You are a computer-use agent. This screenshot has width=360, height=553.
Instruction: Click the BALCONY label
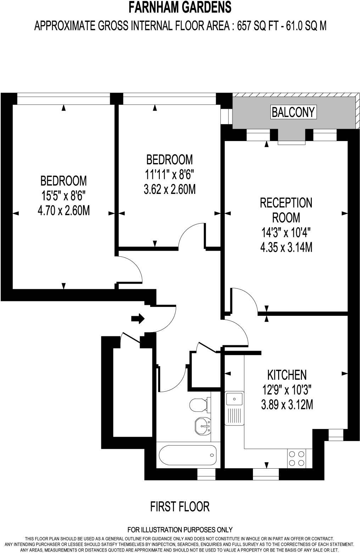click(x=293, y=112)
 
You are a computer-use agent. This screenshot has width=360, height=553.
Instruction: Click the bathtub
click(x=187, y=456)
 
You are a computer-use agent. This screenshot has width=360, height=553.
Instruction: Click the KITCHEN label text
click(x=287, y=374)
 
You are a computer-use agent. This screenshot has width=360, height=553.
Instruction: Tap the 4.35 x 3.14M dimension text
click(x=286, y=247)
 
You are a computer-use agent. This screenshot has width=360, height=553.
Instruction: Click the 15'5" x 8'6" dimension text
click(x=63, y=196)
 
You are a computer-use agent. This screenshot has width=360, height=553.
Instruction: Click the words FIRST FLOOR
click(x=180, y=507)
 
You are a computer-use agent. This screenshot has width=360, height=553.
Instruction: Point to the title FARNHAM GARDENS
click(x=180, y=7)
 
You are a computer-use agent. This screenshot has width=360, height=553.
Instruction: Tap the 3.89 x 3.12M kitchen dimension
click(x=287, y=404)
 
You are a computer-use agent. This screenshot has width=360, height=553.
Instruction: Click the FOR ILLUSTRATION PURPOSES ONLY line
click(x=180, y=530)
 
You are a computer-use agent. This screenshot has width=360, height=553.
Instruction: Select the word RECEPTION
click(x=286, y=203)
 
